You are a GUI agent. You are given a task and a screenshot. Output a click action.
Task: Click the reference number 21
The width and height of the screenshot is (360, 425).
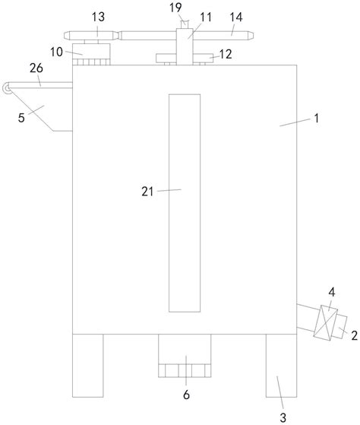147,192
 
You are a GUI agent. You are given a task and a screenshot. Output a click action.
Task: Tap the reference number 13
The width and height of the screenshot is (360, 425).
98,17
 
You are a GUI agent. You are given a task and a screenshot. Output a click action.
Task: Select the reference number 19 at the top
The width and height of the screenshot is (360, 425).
175,8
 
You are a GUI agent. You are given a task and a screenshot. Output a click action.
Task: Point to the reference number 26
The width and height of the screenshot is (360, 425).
36,68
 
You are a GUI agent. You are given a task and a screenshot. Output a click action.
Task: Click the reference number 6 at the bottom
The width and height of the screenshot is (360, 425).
186,395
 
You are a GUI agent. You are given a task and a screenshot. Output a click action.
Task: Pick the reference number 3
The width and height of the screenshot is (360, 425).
283,417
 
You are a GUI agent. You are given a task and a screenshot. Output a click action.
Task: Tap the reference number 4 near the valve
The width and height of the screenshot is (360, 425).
332,292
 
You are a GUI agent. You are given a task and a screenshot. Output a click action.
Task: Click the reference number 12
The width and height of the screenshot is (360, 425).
226,54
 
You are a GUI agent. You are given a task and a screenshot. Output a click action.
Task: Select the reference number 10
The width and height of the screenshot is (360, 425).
56,52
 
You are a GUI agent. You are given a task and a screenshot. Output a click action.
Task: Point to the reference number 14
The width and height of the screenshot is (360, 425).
236,17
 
